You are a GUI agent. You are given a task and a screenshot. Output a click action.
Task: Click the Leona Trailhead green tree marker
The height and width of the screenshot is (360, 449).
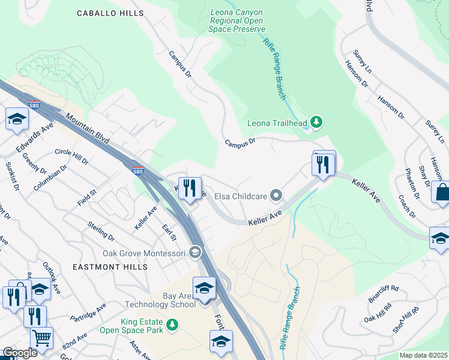317,124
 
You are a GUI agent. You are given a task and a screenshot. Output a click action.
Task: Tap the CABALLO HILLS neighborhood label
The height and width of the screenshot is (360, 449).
110,13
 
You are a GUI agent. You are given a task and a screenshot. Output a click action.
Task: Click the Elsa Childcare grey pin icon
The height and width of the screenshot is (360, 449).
276,194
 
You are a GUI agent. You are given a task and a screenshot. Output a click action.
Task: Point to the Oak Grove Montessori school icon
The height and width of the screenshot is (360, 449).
195,253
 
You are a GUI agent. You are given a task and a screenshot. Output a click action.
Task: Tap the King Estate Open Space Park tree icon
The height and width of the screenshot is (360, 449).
172,325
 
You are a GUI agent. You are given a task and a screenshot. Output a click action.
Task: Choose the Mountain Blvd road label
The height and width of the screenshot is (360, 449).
88,128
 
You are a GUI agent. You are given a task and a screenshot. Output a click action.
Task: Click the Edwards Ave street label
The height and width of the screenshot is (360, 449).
36,139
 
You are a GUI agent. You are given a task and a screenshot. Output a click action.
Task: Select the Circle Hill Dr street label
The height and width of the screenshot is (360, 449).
71,157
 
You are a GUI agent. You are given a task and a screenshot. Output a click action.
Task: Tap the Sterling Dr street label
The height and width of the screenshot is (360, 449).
101,229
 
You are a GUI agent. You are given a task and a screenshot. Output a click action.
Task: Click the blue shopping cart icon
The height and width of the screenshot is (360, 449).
41,338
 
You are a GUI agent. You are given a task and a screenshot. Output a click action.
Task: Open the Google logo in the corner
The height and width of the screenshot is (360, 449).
19,353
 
